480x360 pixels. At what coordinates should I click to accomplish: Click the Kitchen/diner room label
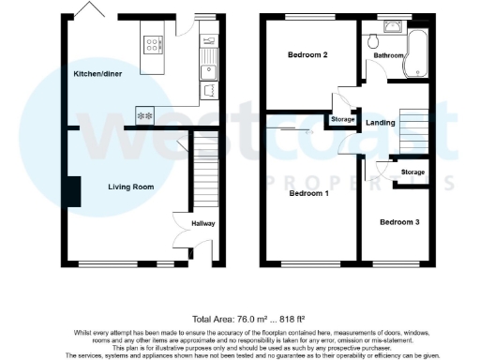click(97, 72)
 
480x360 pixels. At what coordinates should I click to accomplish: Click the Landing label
click(380, 122)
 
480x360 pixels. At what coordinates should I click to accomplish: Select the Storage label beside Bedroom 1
click(342, 120)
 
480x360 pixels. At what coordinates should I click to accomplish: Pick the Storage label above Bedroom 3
click(412, 172)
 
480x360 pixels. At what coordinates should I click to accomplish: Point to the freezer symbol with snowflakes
click(145, 114)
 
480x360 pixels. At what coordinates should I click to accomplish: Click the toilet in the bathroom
click(373, 40)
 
